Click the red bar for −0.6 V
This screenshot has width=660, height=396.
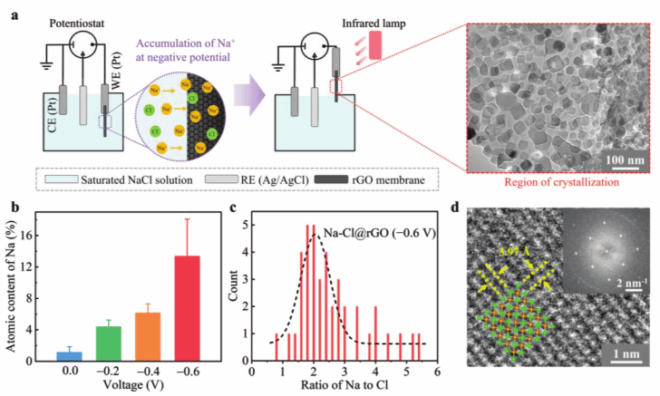click(187, 308)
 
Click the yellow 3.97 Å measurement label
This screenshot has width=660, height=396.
click(514, 250)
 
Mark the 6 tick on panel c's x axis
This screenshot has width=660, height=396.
click(437, 372)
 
